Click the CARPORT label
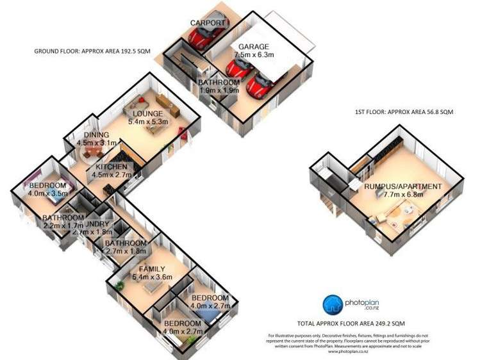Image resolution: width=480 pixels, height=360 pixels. coord(208,23)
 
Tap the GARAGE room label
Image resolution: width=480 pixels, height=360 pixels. coord(254,47)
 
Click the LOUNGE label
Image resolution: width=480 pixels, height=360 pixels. coord(148,113)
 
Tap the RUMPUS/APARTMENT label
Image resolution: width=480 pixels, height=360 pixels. coord(403,186)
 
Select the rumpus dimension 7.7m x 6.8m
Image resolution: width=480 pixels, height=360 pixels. coord(404,195)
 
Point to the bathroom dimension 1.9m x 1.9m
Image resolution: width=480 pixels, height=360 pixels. coord(219,91)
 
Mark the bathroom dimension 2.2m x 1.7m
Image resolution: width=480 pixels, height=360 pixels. coord(63,226)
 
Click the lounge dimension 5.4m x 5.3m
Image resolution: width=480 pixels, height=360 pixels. coord(148,122)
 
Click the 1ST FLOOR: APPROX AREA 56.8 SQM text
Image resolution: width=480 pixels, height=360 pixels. coord(404,111)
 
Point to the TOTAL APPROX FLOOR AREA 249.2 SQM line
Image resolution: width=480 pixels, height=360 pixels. coord(351,323)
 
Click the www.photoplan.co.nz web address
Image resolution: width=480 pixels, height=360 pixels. coord(351,352)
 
